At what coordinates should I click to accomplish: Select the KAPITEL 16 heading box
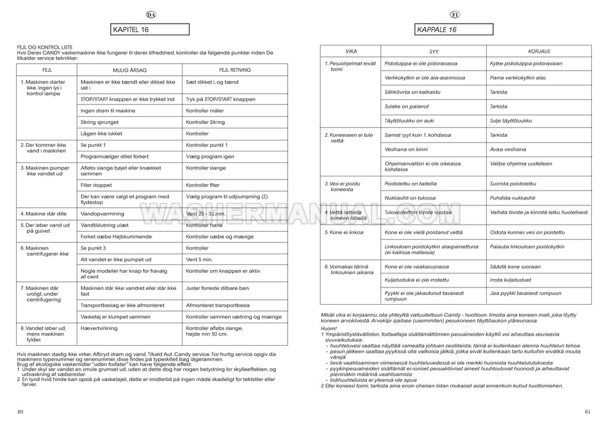tap(150, 29)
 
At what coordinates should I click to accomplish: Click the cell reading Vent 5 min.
tap(199, 259)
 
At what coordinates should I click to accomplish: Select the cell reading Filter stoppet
tap(95, 184)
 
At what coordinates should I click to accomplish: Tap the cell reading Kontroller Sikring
tap(205, 121)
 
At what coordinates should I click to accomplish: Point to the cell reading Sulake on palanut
tap(407, 106)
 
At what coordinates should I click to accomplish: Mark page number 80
tap(21, 411)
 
